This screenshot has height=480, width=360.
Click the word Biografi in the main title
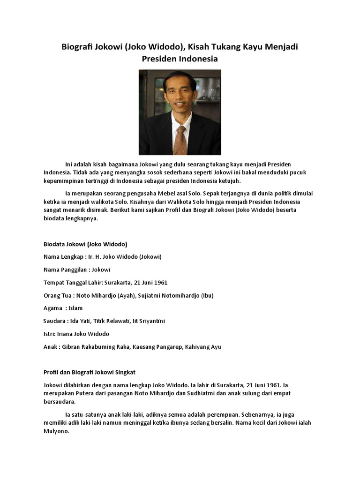(x=77, y=47)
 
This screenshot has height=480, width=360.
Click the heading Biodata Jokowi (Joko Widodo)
(x=85, y=244)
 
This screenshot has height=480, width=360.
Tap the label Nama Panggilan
(x=65, y=270)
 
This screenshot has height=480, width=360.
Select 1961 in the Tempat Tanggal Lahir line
(x=159, y=283)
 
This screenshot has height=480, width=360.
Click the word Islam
(x=75, y=308)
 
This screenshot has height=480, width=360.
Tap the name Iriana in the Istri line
(x=67, y=334)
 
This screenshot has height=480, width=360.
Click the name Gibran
(x=70, y=347)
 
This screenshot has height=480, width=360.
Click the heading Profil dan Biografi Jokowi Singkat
(x=89, y=372)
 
